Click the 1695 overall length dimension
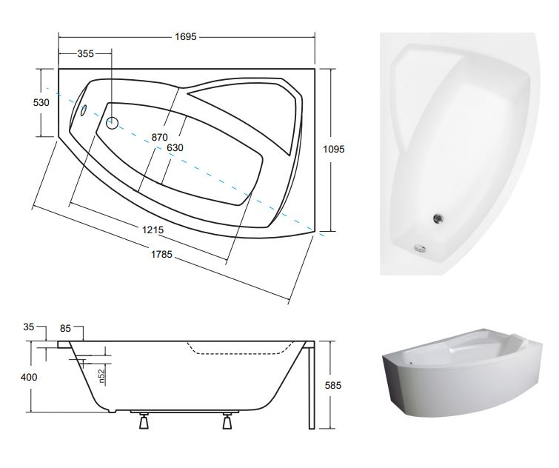185,37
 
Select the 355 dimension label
86,53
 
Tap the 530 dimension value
41,103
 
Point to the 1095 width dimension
334,149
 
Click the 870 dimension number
159,137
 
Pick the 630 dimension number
175,147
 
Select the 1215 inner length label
153,230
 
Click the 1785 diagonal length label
161,254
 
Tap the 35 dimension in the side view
29,327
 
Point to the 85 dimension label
65,328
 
